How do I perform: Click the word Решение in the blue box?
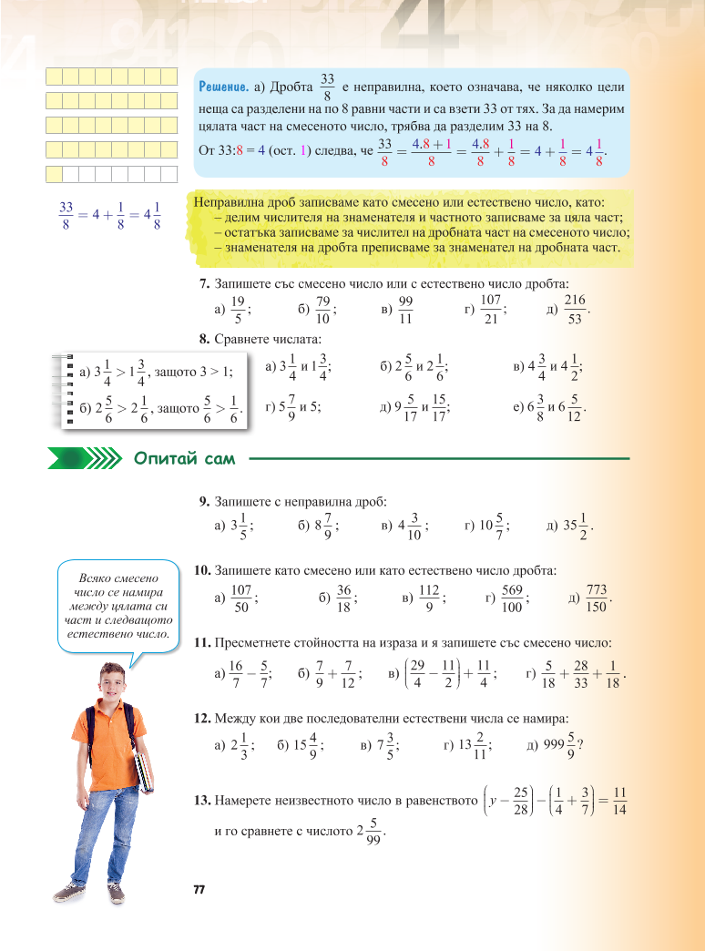coord(224,87)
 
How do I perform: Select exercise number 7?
coord(203,283)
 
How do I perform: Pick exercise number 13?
coord(202,802)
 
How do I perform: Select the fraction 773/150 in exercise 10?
coord(598,598)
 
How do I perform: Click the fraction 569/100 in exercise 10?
coord(513,598)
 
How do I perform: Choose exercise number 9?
coord(203,502)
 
